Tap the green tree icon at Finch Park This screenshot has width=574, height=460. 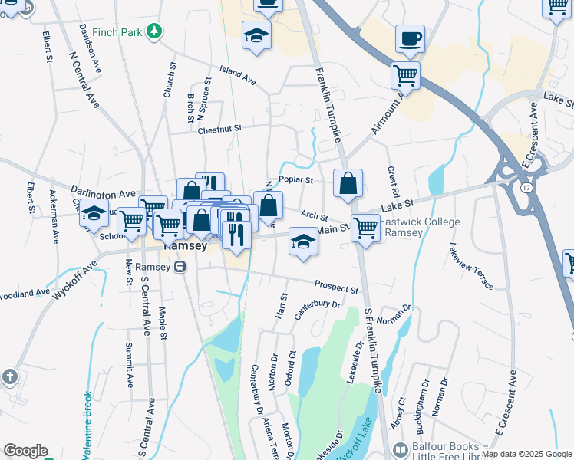pos(155,31)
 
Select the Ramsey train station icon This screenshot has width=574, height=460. pos(180,267)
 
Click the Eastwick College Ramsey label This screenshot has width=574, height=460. pos(419,227)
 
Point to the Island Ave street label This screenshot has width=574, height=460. pos(238,74)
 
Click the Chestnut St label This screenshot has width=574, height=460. pos(219,130)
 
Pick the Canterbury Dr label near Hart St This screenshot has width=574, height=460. pos(316,306)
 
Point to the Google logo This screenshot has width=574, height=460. pos(25,451)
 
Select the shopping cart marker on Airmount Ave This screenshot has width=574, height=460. pos(405,75)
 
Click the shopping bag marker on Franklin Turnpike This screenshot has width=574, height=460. pos(348,183)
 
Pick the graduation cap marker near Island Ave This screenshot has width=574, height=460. pos(256,34)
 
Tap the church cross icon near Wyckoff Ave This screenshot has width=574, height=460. pos(9,376)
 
